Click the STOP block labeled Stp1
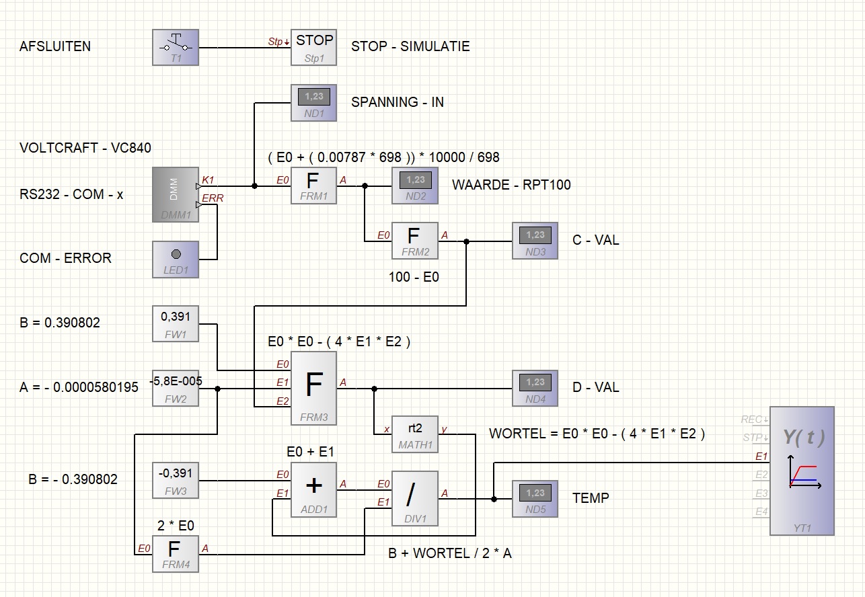tap(313, 48)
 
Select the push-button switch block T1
tap(176, 48)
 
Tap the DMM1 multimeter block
tap(176, 194)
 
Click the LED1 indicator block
tap(176, 260)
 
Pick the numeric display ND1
tap(313, 103)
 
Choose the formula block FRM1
tap(313, 186)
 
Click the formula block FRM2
tap(415, 241)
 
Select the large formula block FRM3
tap(313, 388)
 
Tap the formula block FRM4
tap(176, 554)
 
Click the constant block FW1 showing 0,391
tap(176, 324)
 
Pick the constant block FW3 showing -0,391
tap(176, 481)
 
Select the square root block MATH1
tap(415, 434)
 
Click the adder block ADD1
tap(313, 489)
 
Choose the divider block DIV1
tap(415, 499)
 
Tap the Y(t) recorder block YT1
tap(802, 471)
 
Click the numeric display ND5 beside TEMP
tap(535, 499)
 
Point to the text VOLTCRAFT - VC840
tap(85, 148)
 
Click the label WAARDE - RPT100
tap(511, 185)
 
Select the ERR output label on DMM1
tap(213, 198)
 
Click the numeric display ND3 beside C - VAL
tap(535, 241)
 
